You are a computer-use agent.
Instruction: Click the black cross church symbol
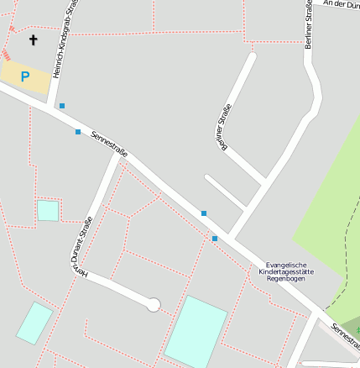point(34,39)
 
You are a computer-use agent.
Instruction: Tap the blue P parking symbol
point(24,76)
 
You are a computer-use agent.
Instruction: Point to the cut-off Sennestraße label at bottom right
point(344,334)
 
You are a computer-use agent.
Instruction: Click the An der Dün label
point(341,4)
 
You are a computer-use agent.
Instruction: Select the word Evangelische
point(287,265)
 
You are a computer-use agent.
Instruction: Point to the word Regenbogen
point(287,280)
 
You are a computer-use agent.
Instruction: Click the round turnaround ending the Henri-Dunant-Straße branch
point(154,305)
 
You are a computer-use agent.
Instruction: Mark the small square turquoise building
point(48,210)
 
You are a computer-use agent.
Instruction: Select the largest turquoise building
point(196,331)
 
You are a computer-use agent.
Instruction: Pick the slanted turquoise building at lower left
point(34,323)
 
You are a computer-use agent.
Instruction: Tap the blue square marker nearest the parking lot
point(61,106)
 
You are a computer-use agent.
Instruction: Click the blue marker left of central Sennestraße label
point(78,132)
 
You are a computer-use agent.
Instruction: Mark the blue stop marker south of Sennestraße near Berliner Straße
point(215,239)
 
